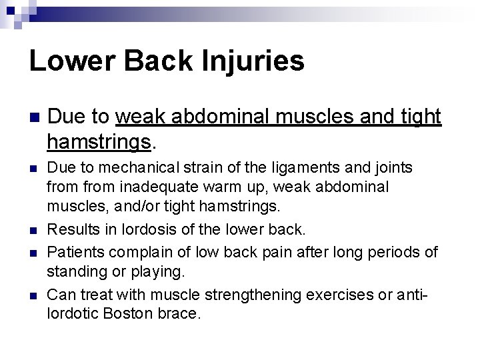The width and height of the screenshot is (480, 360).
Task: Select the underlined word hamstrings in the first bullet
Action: coord(100,141)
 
